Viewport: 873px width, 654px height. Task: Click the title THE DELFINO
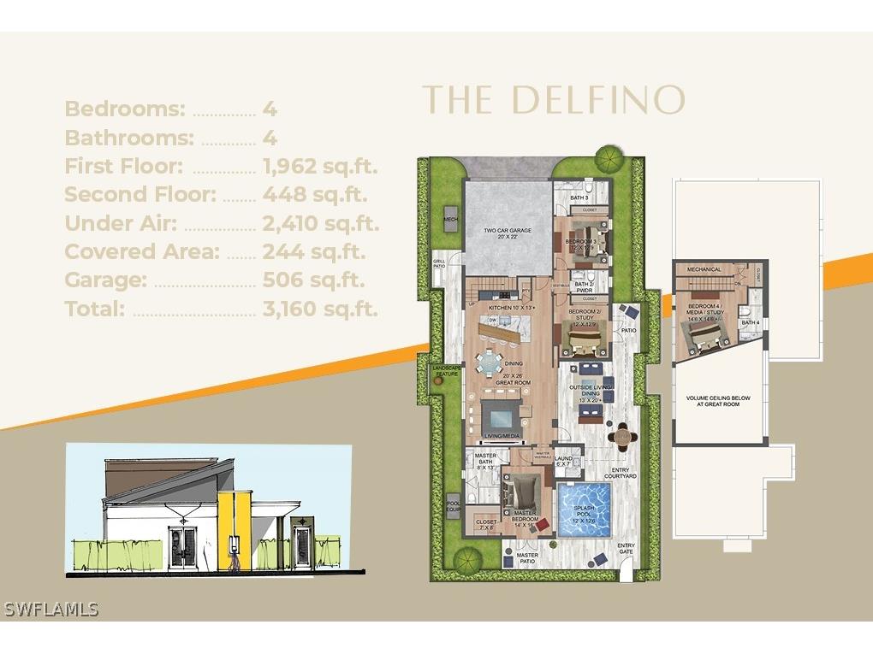pos(554,100)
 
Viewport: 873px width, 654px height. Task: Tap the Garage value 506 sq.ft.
pos(313,280)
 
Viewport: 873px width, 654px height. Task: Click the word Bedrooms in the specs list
pos(125,109)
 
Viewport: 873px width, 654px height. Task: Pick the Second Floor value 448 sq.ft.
pos(315,194)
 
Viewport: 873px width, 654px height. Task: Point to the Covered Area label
pos(142,251)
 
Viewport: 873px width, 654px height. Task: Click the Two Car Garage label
pos(508,233)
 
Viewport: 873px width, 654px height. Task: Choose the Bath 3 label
pos(580,197)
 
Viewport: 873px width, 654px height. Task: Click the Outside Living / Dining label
pos(591,393)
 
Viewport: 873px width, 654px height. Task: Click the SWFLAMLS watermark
pos(51,610)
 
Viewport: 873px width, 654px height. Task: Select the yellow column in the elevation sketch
pos(229,530)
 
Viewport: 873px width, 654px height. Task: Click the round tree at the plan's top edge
pos(609,158)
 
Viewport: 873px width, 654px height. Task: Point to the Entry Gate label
pos(627,550)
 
